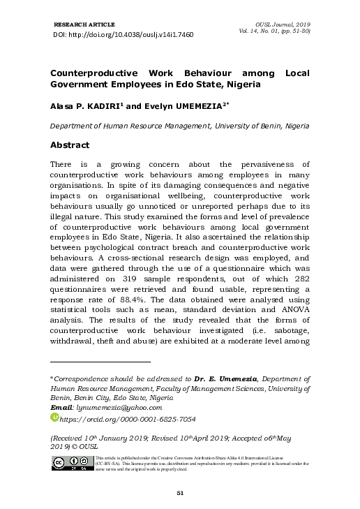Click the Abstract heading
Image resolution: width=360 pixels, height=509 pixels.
click(70, 145)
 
